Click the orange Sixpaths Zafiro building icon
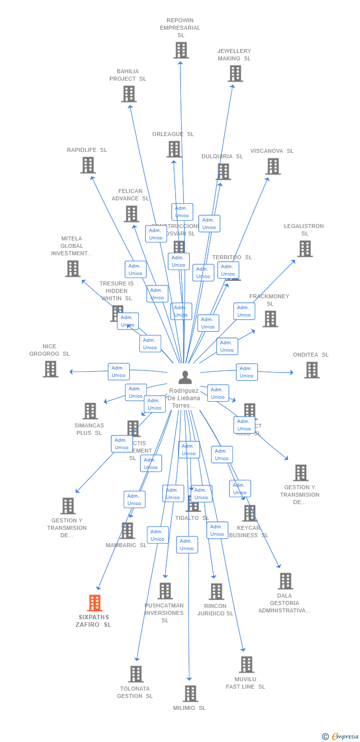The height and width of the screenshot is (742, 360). [95, 603]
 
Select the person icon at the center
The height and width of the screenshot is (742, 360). [185, 377]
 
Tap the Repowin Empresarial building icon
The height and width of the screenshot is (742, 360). [181, 50]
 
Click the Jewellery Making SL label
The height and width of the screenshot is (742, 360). [234, 54]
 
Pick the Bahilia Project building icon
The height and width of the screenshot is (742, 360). [129, 93]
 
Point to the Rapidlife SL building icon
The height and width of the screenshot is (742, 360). [88, 165]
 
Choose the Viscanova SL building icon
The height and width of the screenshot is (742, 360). [273, 166]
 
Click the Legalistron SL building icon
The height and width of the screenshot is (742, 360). [305, 248]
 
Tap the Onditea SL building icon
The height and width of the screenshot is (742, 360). [312, 370]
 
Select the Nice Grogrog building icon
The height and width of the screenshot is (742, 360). [50, 369]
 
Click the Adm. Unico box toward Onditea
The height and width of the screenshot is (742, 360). [246, 372]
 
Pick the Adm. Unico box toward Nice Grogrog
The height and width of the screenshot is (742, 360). [119, 371]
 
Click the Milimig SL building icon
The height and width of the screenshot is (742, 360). [190, 694]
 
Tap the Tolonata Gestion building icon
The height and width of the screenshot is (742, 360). [136, 674]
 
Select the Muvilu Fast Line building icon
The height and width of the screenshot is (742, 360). [246, 664]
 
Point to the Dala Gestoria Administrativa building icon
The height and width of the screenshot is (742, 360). [285, 581]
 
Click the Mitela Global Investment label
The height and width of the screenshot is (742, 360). [72, 246]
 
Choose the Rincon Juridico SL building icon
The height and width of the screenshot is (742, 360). [216, 591]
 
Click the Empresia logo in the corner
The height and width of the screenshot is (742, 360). [341, 737]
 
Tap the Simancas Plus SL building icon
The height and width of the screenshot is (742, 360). [90, 411]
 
